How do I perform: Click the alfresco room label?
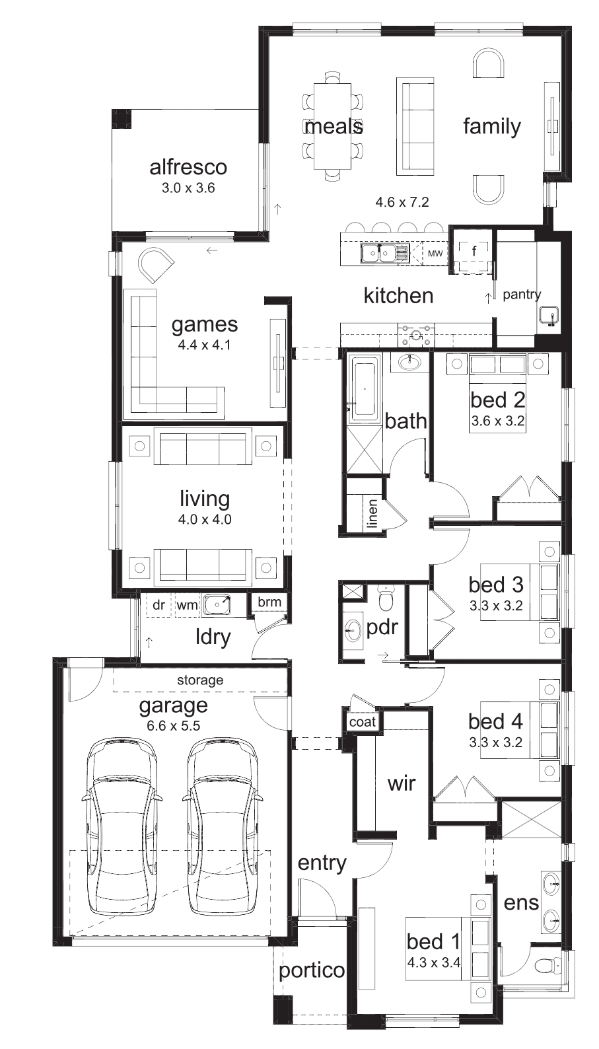pos(188,167)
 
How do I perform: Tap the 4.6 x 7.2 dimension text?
pos(402,202)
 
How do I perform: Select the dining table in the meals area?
pos(332,126)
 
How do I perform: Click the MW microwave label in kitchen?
pos(435,254)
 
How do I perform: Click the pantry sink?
pos(548,315)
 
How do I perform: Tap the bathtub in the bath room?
pos(364,388)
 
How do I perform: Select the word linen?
pos(372,514)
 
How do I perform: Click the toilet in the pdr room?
pos(386,598)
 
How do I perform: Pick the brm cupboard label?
pos(269,602)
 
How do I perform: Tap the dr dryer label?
pos(159,605)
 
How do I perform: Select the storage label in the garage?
pos(200,680)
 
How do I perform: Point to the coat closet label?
pos(363,721)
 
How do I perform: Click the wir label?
pos(402,783)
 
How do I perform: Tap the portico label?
pos(312,971)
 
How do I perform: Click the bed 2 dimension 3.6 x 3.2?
pos(498,421)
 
